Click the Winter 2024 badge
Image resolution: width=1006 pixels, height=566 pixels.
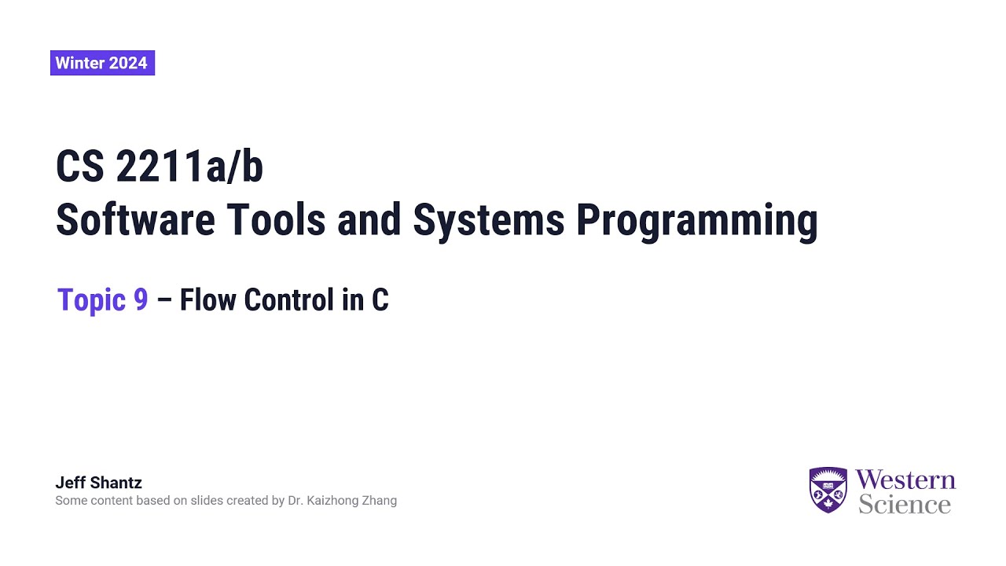tap(102, 63)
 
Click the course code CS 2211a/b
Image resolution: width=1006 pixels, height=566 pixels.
tap(159, 167)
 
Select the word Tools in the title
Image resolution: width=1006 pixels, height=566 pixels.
tap(274, 220)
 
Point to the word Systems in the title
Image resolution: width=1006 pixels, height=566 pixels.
tap(489, 220)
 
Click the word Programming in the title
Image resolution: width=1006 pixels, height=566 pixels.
tap(696, 220)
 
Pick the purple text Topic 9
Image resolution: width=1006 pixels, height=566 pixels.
tap(103, 300)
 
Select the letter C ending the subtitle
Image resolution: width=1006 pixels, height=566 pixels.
tap(380, 300)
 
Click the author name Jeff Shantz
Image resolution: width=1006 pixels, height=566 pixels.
tap(98, 483)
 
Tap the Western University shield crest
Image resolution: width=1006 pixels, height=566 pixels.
tap(828, 490)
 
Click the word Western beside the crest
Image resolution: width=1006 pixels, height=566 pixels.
tap(905, 480)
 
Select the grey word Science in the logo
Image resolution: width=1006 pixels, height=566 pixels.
tap(905, 504)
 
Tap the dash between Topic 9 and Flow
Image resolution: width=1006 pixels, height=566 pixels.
tap(164, 300)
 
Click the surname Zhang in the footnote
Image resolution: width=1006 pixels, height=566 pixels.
tap(378, 501)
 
